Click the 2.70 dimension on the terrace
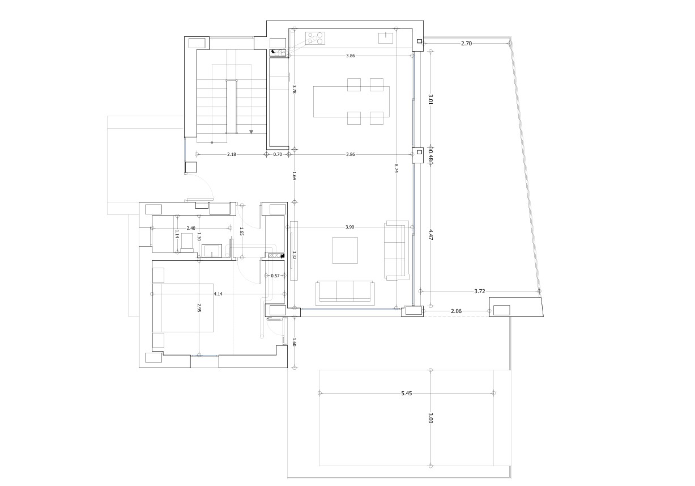point(466,43)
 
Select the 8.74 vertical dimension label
point(396,168)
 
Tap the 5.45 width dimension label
point(406,393)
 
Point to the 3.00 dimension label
point(430,419)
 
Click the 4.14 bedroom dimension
point(218,294)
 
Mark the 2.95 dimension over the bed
point(199,308)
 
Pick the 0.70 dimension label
point(278,154)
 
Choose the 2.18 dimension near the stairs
point(232,154)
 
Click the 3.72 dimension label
point(479,291)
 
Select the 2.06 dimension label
point(456,311)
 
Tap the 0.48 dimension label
point(430,155)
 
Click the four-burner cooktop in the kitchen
point(317,38)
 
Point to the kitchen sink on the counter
point(386,38)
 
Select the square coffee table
point(345,250)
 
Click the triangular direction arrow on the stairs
point(251,132)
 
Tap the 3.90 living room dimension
point(349,227)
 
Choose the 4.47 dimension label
point(430,235)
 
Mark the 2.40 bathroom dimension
point(191,228)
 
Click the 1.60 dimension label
point(295,342)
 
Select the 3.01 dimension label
point(430,99)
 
